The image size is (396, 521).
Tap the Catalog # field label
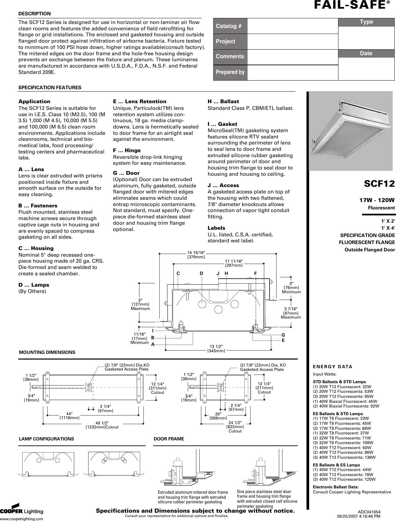[x=229, y=26]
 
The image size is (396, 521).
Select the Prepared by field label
[x=230, y=72]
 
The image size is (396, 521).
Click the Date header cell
[x=366, y=54]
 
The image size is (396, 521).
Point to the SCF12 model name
[x=379, y=183]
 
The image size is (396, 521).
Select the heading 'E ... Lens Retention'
[x=140, y=102]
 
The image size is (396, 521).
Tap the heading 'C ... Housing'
[x=36, y=248]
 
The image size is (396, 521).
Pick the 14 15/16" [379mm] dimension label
[x=196, y=255]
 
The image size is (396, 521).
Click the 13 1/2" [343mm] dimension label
[x=216, y=349]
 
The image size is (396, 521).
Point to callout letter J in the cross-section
[x=218, y=273]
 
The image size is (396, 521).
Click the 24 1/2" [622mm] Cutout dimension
[x=235, y=426]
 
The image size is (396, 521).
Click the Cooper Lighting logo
[x=22, y=511]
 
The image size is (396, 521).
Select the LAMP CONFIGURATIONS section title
[x=47, y=439]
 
